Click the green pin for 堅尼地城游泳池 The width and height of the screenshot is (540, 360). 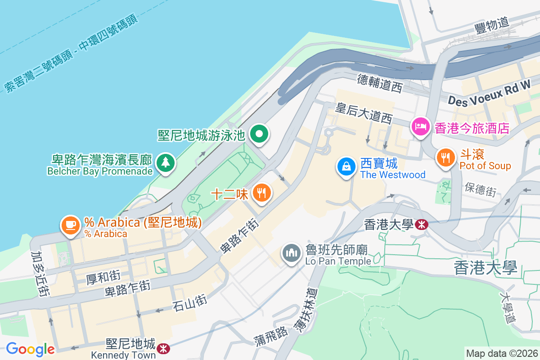click(259, 134)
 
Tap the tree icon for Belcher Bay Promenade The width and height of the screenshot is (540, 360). click(166, 163)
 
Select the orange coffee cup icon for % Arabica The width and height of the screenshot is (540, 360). click(70, 225)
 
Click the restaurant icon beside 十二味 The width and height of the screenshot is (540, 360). click(261, 193)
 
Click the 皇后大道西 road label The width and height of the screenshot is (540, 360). click(364, 113)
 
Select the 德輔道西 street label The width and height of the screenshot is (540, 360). click(379, 84)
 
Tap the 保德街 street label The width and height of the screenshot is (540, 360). click(481, 189)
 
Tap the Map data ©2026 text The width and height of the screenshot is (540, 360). click(502, 354)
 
